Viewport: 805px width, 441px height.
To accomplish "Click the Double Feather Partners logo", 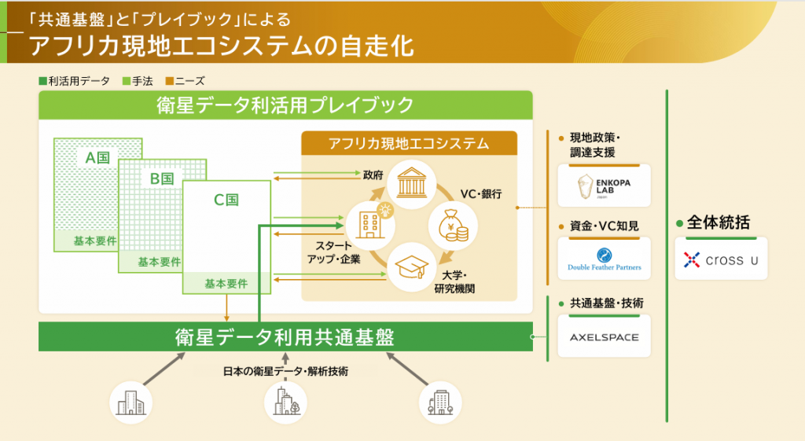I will click(604, 259).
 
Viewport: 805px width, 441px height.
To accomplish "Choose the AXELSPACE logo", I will click(604, 337).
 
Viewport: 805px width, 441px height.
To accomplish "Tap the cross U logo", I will click(721, 259).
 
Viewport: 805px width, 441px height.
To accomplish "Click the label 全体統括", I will click(718, 222).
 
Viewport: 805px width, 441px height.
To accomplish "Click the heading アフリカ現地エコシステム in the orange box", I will click(409, 143).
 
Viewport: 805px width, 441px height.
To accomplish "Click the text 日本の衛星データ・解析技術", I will click(285, 370).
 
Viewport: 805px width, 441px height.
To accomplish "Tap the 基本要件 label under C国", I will click(226, 283).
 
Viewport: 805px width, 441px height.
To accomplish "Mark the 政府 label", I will click(373, 175).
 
